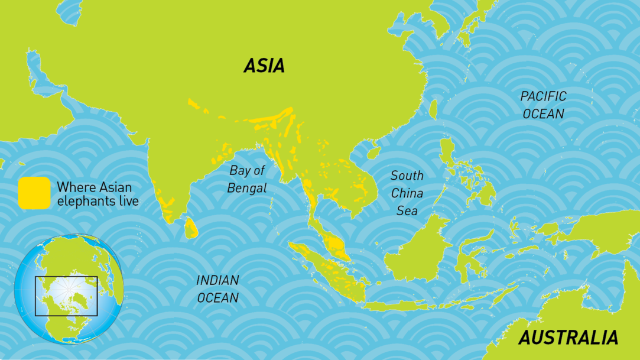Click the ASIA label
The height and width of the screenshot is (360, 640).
click(264, 66)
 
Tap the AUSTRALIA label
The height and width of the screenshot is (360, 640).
click(568, 338)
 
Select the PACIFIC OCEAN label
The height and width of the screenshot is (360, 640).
click(543, 105)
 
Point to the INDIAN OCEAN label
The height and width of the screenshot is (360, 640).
click(217, 288)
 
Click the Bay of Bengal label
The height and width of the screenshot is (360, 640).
click(248, 179)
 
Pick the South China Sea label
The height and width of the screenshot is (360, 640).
click(407, 193)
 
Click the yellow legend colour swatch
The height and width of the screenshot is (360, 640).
click(34, 193)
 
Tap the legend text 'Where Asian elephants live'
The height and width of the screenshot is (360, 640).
click(98, 194)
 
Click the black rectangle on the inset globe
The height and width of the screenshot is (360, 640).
click(66, 296)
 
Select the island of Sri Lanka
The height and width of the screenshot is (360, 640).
click(191, 228)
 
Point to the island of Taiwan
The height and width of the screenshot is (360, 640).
click(433, 109)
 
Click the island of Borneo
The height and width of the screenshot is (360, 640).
click(417, 248)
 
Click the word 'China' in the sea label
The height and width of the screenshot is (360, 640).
click(407, 193)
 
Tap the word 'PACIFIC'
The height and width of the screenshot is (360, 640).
click(543, 96)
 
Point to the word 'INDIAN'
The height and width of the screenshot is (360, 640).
click(217, 280)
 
